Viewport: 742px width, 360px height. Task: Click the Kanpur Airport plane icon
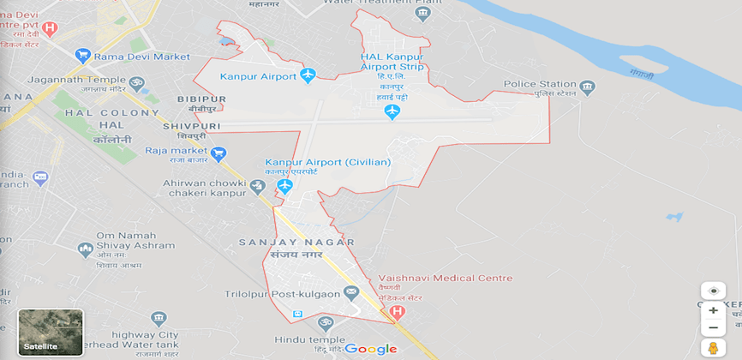pyautogui.click(x=308, y=75)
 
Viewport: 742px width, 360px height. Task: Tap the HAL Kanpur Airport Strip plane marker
pyautogui.click(x=392, y=111)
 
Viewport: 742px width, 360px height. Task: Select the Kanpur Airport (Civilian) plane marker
pyautogui.click(x=285, y=185)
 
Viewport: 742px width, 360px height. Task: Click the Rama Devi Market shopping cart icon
pyautogui.click(x=83, y=57)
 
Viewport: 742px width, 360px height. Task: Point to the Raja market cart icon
pyautogui.click(x=218, y=154)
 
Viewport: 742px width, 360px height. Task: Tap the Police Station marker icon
pyautogui.click(x=587, y=87)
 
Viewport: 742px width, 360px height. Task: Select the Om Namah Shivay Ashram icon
pyautogui.click(x=85, y=249)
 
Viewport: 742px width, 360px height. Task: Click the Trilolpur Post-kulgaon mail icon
pyautogui.click(x=350, y=293)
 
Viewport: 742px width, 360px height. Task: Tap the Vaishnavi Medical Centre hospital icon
pyautogui.click(x=396, y=312)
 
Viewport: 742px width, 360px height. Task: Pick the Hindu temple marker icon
pyautogui.click(x=325, y=323)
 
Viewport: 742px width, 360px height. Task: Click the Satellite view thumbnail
pyautogui.click(x=51, y=333)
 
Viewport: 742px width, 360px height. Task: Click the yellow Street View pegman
pyautogui.click(x=712, y=348)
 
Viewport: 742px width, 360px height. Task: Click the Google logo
pyautogui.click(x=371, y=349)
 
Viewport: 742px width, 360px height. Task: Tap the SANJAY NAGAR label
pyautogui.click(x=296, y=243)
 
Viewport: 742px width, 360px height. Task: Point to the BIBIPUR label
pyautogui.click(x=200, y=99)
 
